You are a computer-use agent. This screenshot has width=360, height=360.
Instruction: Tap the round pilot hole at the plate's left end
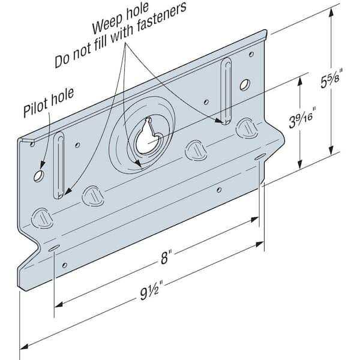[x=38, y=176]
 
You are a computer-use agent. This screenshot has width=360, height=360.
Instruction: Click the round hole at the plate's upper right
[x=244, y=85]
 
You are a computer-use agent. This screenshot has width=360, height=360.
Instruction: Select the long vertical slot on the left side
[x=59, y=166]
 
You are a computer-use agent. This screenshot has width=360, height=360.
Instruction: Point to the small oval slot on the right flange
[x=259, y=158]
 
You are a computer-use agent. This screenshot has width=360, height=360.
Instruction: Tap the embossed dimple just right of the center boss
[x=195, y=150]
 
